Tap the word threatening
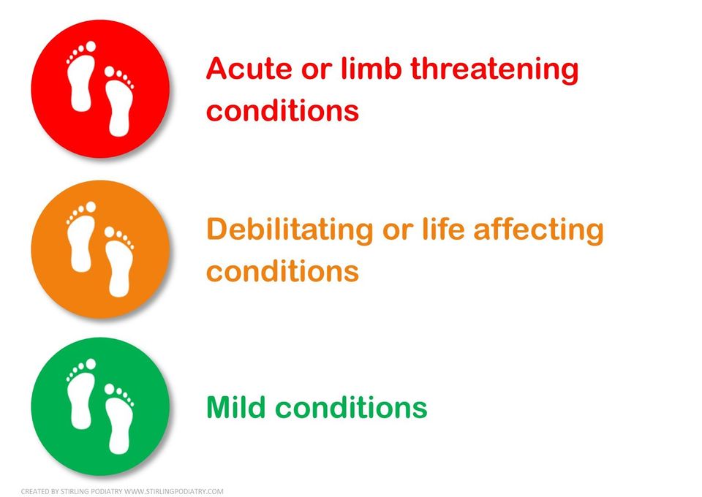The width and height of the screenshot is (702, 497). pyautogui.click(x=494, y=70)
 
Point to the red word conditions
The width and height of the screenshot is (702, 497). pyautogui.click(x=282, y=109)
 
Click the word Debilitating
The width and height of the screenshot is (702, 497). pyautogui.click(x=290, y=230)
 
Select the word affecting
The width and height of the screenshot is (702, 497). pyautogui.click(x=539, y=230)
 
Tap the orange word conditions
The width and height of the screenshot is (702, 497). pyautogui.click(x=282, y=270)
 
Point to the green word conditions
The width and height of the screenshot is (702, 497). pyautogui.click(x=351, y=406)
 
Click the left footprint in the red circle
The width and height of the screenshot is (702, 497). pyautogui.click(x=81, y=76)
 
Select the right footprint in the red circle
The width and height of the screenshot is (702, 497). pyautogui.click(x=118, y=101)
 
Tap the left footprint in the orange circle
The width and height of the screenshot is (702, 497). pyautogui.click(x=81, y=237)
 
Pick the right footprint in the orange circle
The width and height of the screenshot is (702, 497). pyautogui.click(x=118, y=262)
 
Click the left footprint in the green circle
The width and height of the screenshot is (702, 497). pyautogui.click(x=81, y=394)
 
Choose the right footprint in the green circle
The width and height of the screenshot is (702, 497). pyautogui.click(x=118, y=419)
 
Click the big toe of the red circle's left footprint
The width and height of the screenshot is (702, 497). pyautogui.click(x=91, y=47)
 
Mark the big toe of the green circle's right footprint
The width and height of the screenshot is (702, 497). pyautogui.click(x=109, y=389)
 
